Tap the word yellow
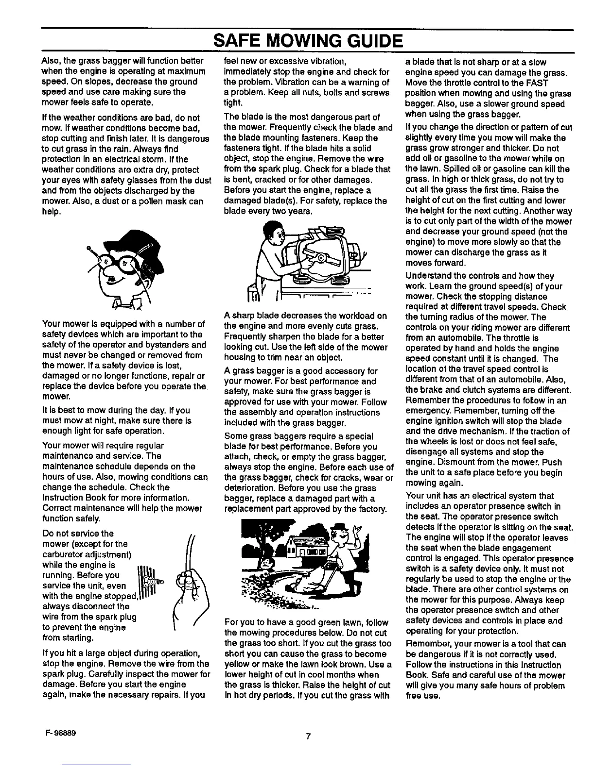(x=235, y=664)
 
